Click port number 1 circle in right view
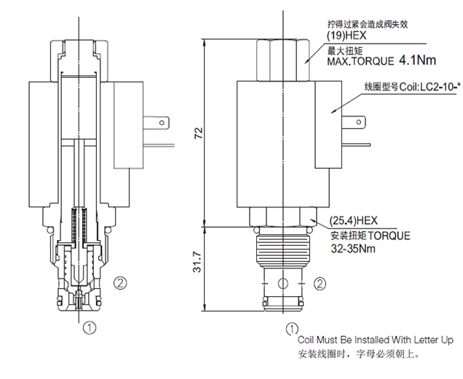click(292, 327)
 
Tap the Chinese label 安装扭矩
click(348, 236)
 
